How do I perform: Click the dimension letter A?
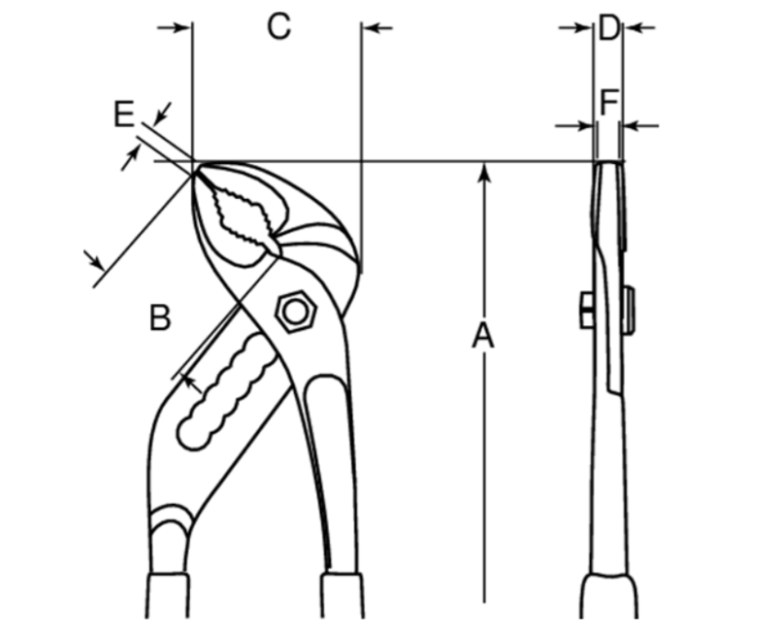483,335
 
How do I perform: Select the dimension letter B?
160,318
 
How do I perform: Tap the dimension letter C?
278,26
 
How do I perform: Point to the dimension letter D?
608,28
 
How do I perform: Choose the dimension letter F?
609,102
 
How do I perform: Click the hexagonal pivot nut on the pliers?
296,312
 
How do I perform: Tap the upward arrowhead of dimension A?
485,174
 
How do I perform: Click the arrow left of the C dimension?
175,28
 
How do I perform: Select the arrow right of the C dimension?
377,28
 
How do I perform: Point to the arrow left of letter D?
575,28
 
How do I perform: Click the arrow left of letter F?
573,126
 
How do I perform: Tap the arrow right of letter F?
640,126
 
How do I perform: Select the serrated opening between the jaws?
243,216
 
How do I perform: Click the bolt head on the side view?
588,310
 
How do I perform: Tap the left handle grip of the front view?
168,596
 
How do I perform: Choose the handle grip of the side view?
609,596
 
